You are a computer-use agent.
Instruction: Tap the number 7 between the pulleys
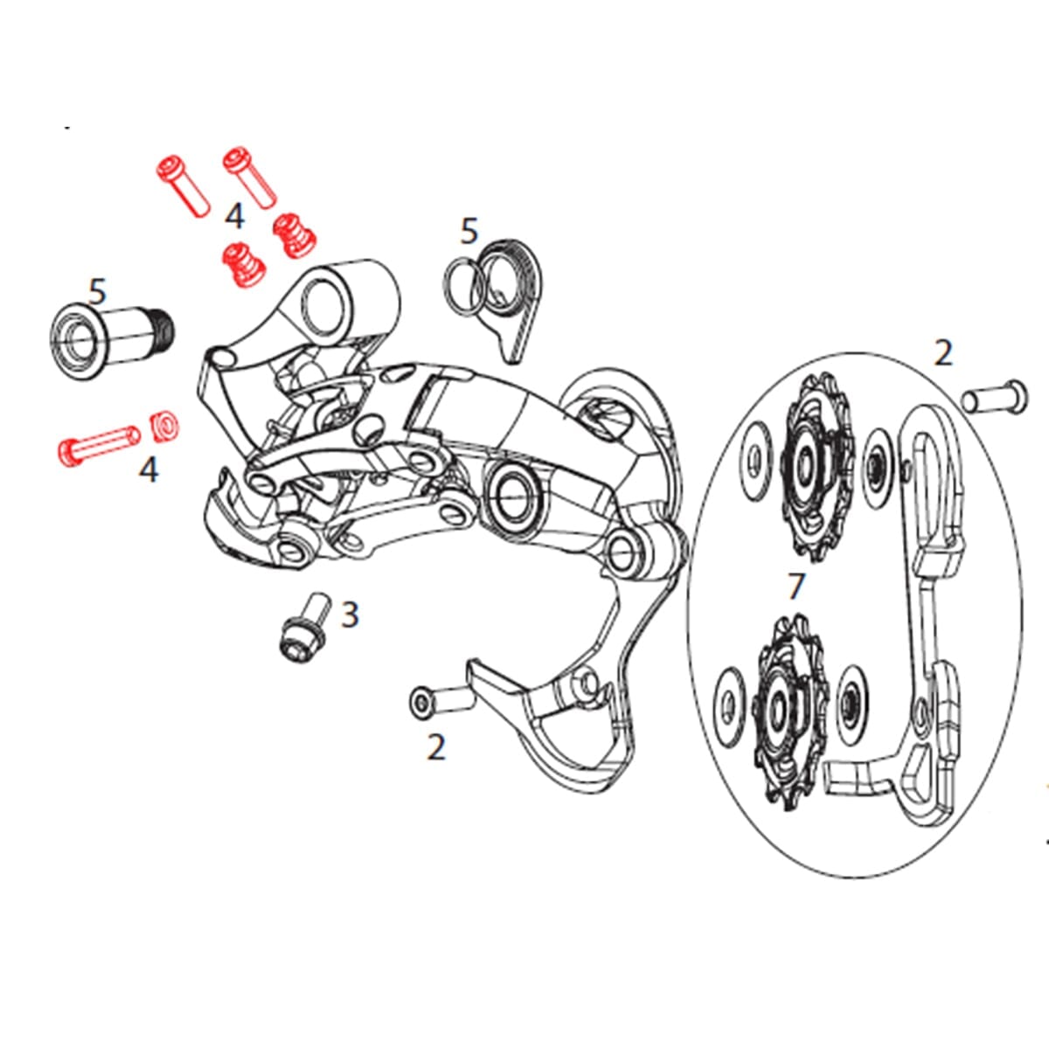click(795, 587)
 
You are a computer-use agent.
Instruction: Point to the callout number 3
click(350, 615)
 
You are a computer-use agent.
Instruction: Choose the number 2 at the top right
click(942, 353)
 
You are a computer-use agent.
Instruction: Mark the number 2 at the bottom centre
click(436, 747)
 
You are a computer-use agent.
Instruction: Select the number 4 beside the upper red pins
click(234, 216)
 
